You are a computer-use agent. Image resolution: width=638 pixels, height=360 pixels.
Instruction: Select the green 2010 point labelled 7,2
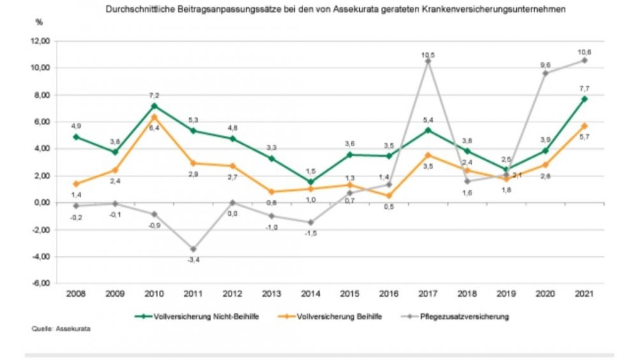pyautogui.click(x=155, y=106)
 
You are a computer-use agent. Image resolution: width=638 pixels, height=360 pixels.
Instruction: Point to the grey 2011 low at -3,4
pyautogui.click(x=194, y=249)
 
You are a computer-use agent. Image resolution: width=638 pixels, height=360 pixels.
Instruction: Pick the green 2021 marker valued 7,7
pyautogui.click(x=584, y=99)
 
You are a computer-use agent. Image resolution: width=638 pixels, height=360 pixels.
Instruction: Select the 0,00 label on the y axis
pyautogui.click(x=42, y=203)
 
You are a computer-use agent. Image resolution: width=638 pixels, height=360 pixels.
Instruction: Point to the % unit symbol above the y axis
pyautogui.click(x=39, y=23)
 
